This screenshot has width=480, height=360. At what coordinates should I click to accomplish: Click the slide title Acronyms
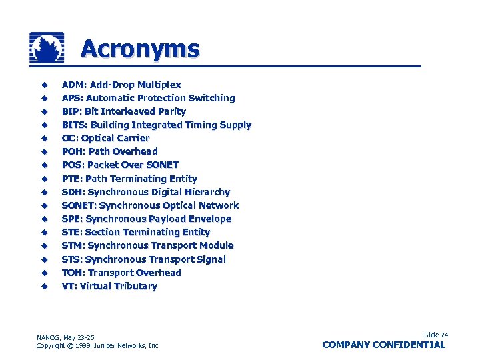(x=140, y=49)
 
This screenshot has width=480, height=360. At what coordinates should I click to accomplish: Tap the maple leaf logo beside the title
(x=47, y=48)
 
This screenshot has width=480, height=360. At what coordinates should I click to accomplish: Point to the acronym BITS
(x=73, y=125)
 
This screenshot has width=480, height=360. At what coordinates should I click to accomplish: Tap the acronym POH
(x=72, y=151)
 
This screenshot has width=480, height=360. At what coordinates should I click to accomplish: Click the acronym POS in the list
(x=72, y=165)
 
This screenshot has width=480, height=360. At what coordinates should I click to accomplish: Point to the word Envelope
(x=209, y=219)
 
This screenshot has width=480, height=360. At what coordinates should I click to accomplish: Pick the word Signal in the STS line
(x=210, y=259)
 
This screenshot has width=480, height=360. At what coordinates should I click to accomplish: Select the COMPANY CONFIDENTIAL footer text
(x=383, y=345)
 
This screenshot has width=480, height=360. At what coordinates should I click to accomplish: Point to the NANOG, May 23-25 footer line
(x=65, y=337)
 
